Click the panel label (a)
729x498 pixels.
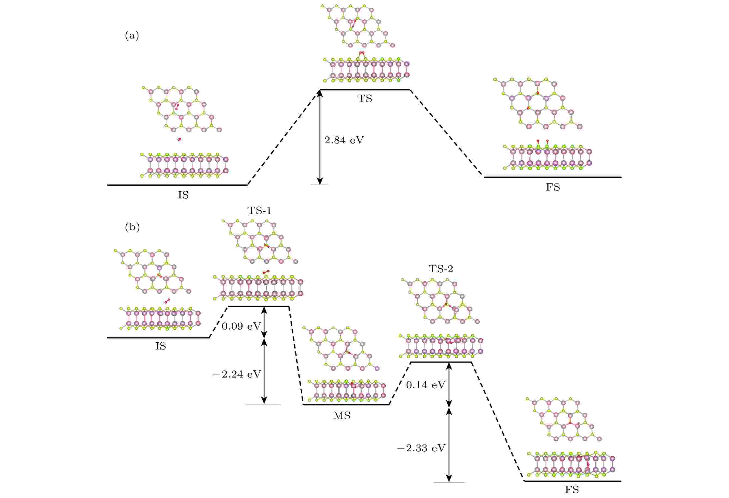132,35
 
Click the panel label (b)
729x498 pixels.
132,227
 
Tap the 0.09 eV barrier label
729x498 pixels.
241,327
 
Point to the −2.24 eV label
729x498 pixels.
237,374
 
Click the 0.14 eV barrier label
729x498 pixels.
426,385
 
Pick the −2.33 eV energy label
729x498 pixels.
421,448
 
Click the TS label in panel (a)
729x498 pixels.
364,99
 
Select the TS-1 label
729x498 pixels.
259,211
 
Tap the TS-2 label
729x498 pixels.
441,269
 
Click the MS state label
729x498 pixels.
341,416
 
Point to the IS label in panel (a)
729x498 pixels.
183,195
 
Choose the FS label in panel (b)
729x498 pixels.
572,490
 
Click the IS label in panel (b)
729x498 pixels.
160,346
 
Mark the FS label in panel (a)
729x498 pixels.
553,188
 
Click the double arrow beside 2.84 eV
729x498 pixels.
320,137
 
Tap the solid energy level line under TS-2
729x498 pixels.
441,362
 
